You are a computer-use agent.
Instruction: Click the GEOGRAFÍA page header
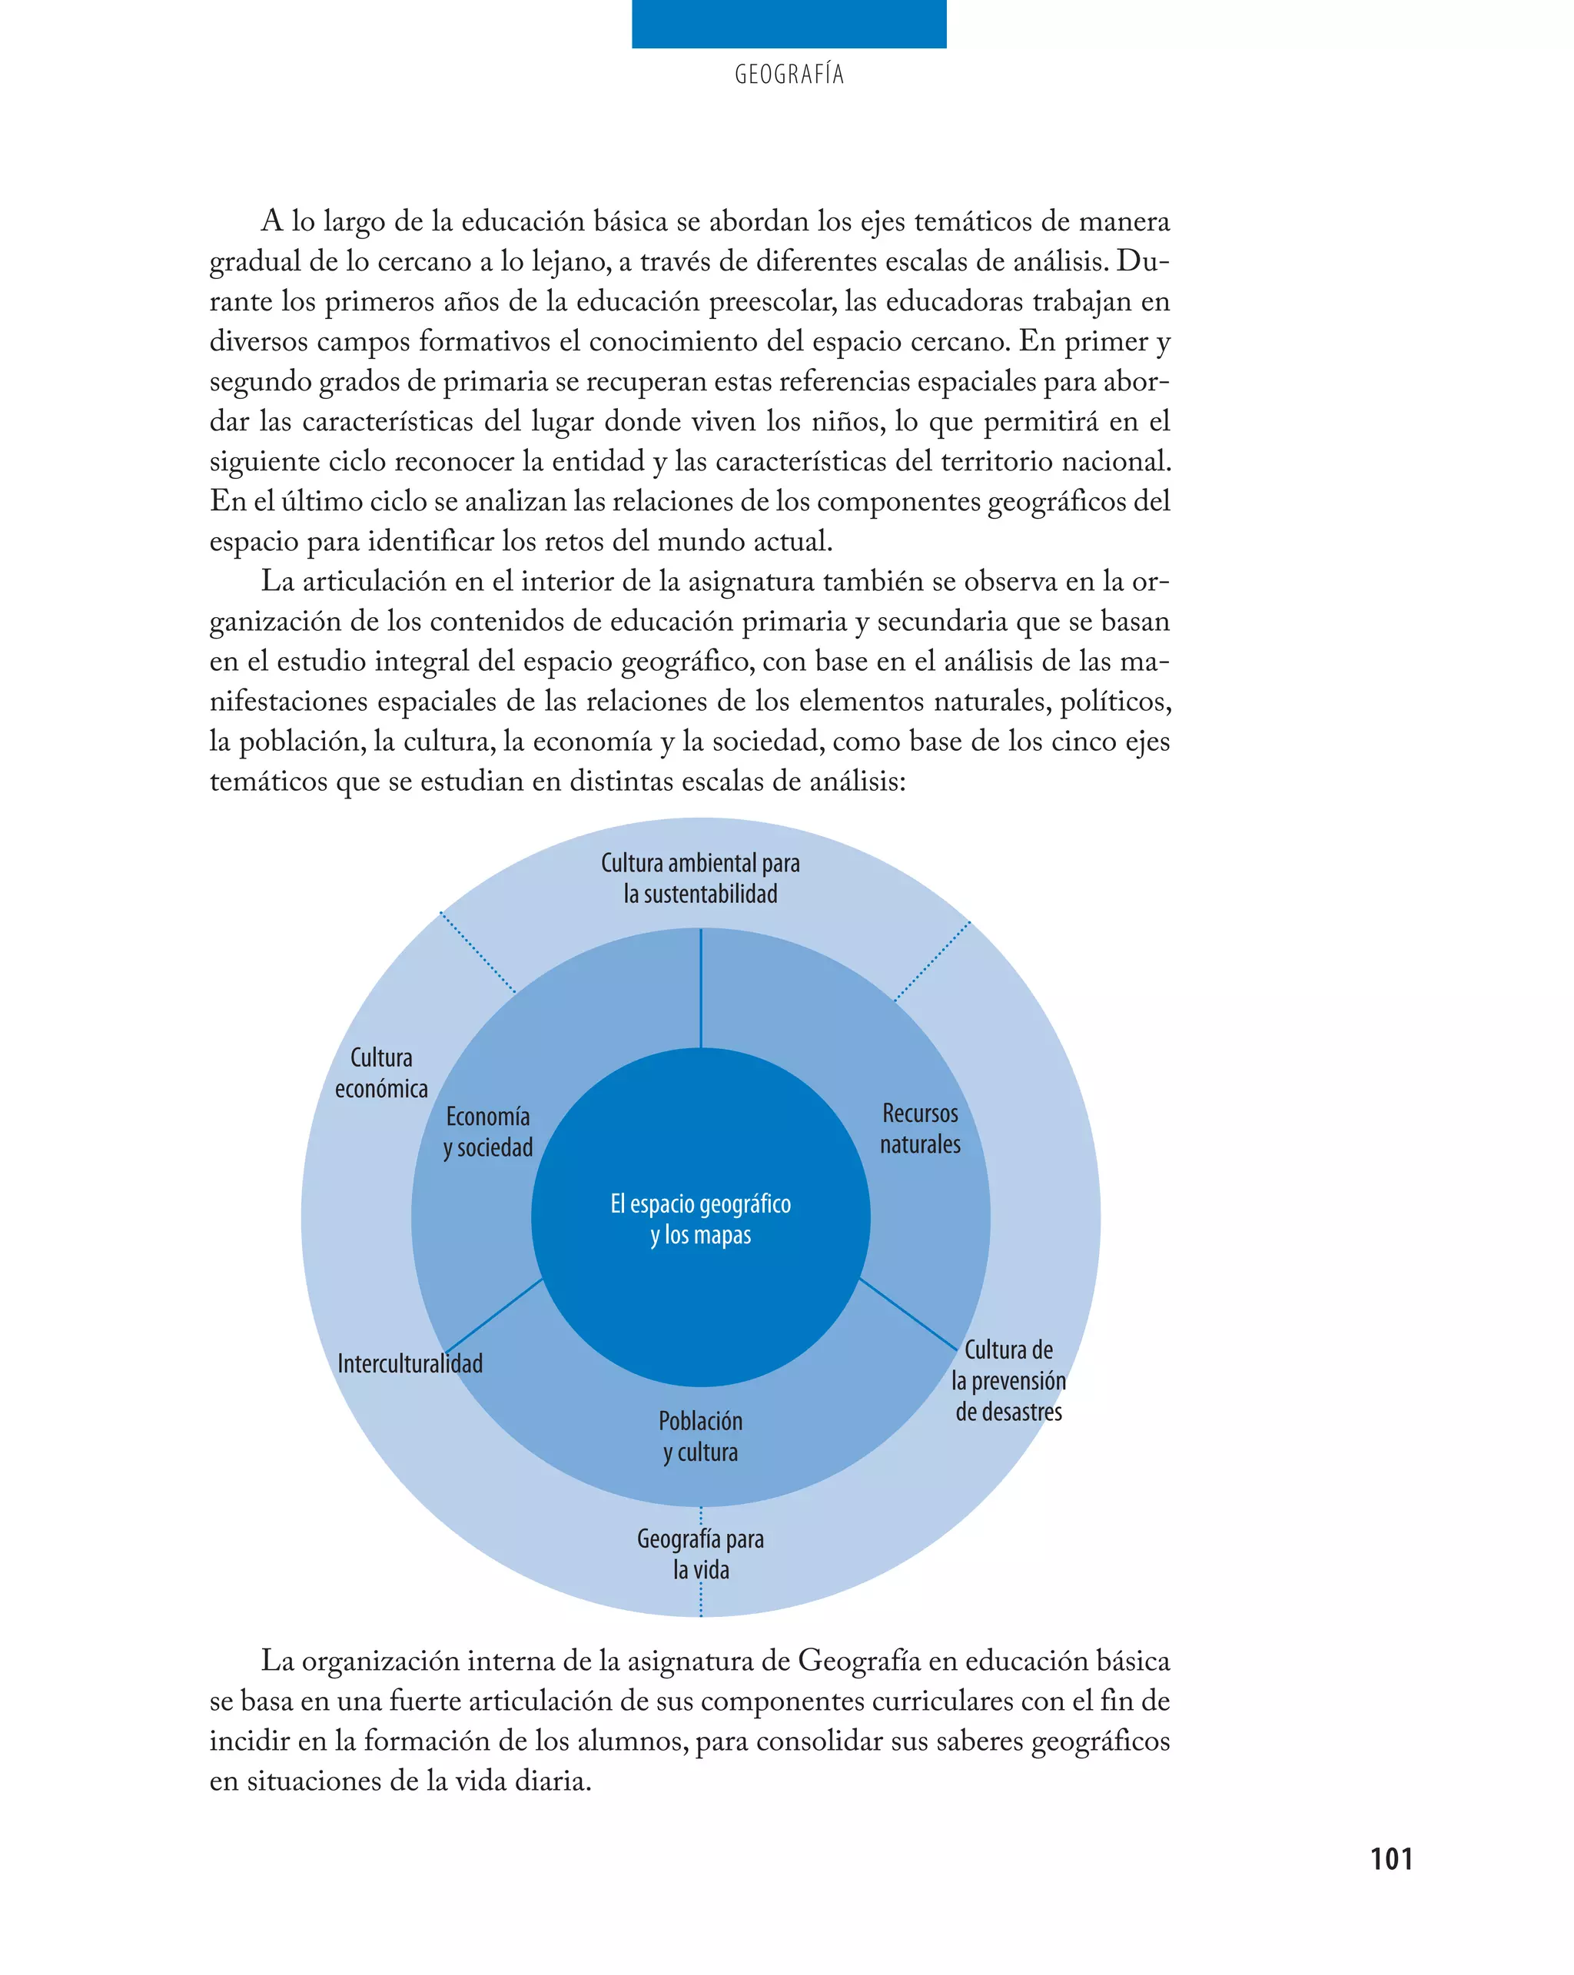click(x=789, y=75)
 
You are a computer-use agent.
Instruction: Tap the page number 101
click(x=1391, y=1859)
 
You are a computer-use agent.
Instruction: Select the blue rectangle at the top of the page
click(x=789, y=24)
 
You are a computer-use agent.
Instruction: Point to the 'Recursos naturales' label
click(x=920, y=1129)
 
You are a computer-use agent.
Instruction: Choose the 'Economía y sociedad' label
click(x=487, y=1131)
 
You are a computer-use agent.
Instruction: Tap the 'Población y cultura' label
click(x=701, y=1436)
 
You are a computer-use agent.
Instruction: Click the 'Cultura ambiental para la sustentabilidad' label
click(x=701, y=878)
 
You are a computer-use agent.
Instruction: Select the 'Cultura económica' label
click(x=381, y=1073)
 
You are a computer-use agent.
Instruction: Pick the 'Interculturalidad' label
click(x=410, y=1364)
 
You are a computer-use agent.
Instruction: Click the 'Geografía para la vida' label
click(x=701, y=1555)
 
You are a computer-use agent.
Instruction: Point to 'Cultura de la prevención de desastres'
click(x=1008, y=1380)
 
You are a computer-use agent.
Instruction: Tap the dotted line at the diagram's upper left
click(x=477, y=952)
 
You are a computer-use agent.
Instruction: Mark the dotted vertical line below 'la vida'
click(x=701, y=1599)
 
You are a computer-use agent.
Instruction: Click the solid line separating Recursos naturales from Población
click(x=907, y=1315)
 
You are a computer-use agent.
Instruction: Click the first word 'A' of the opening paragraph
click(x=272, y=221)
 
